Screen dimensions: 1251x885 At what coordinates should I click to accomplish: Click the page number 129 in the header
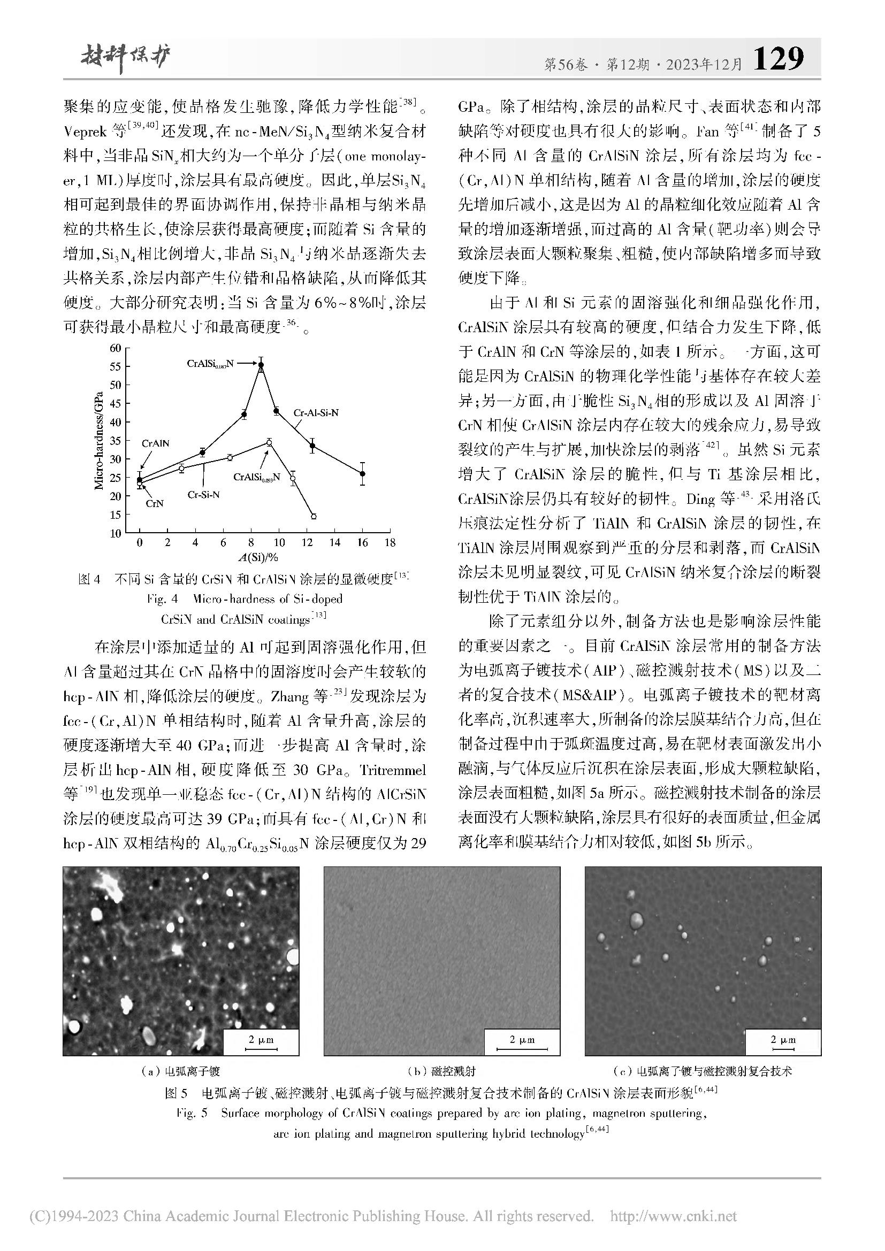pyautogui.click(x=777, y=58)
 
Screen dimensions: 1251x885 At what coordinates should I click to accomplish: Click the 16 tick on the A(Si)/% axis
pyautogui.click(x=362, y=542)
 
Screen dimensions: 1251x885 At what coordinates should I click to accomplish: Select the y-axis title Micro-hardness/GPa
pyautogui.click(x=99, y=441)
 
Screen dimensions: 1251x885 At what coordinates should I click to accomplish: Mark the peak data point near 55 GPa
pyautogui.click(x=261, y=366)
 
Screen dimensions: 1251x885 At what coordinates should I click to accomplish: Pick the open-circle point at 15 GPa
pyautogui.click(x=314, y=516)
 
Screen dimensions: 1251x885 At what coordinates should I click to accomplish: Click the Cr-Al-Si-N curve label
pyautogui.click(x=316, y=413)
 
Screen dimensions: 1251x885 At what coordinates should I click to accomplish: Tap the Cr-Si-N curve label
pyautogui.click(x=204, y=495)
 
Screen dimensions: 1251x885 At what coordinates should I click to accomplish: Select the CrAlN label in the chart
pyautogui.click(x=155, y=443)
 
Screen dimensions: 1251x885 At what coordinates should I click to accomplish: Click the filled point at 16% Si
pyautogui.click(x=362, y=474)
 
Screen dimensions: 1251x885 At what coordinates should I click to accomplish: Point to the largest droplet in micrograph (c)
pyautogui.click(x=636, y=921)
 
